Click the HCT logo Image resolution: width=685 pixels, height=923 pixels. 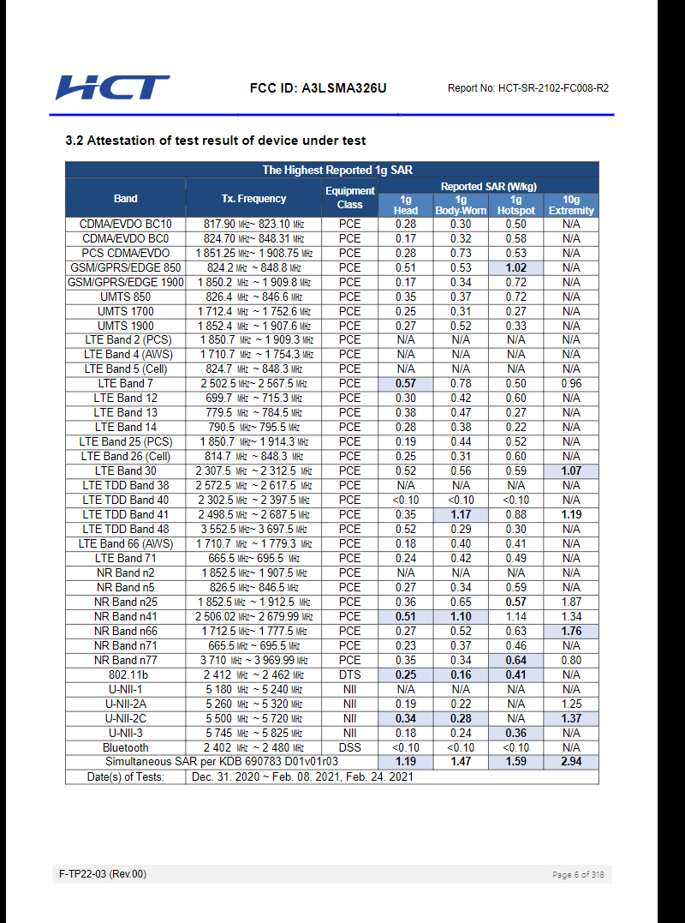point(112,87)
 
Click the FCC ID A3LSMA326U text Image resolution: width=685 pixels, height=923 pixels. point(318,88)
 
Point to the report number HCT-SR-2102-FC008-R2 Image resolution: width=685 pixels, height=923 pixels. point(527,88)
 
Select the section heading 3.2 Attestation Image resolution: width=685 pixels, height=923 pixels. point(215,141)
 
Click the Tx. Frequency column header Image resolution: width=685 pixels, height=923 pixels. point(253,199)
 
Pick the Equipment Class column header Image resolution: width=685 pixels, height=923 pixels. point(349,198)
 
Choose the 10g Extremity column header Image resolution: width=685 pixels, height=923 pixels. point(571,205)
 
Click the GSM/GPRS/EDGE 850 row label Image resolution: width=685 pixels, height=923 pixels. point(125,268)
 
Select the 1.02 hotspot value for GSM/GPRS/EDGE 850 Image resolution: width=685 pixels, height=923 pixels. point(515,268)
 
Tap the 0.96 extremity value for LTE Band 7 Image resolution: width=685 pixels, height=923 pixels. point(571,384)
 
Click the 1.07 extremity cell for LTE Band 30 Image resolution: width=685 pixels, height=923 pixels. point(571,471)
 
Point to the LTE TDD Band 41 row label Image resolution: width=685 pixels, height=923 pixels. point(125,515)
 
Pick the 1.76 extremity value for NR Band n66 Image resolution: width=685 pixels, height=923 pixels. point(571,632)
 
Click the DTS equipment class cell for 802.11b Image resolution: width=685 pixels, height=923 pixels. point(349,675)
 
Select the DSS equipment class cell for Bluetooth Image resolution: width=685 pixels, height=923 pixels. point(349,748)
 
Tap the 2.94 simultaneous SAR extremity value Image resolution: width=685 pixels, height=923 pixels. point(571,762)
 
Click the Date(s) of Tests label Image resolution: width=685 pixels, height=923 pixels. point(125,777)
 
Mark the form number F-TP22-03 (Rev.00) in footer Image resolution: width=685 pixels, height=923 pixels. point(103,874)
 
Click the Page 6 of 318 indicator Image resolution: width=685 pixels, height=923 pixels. point(578,875)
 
